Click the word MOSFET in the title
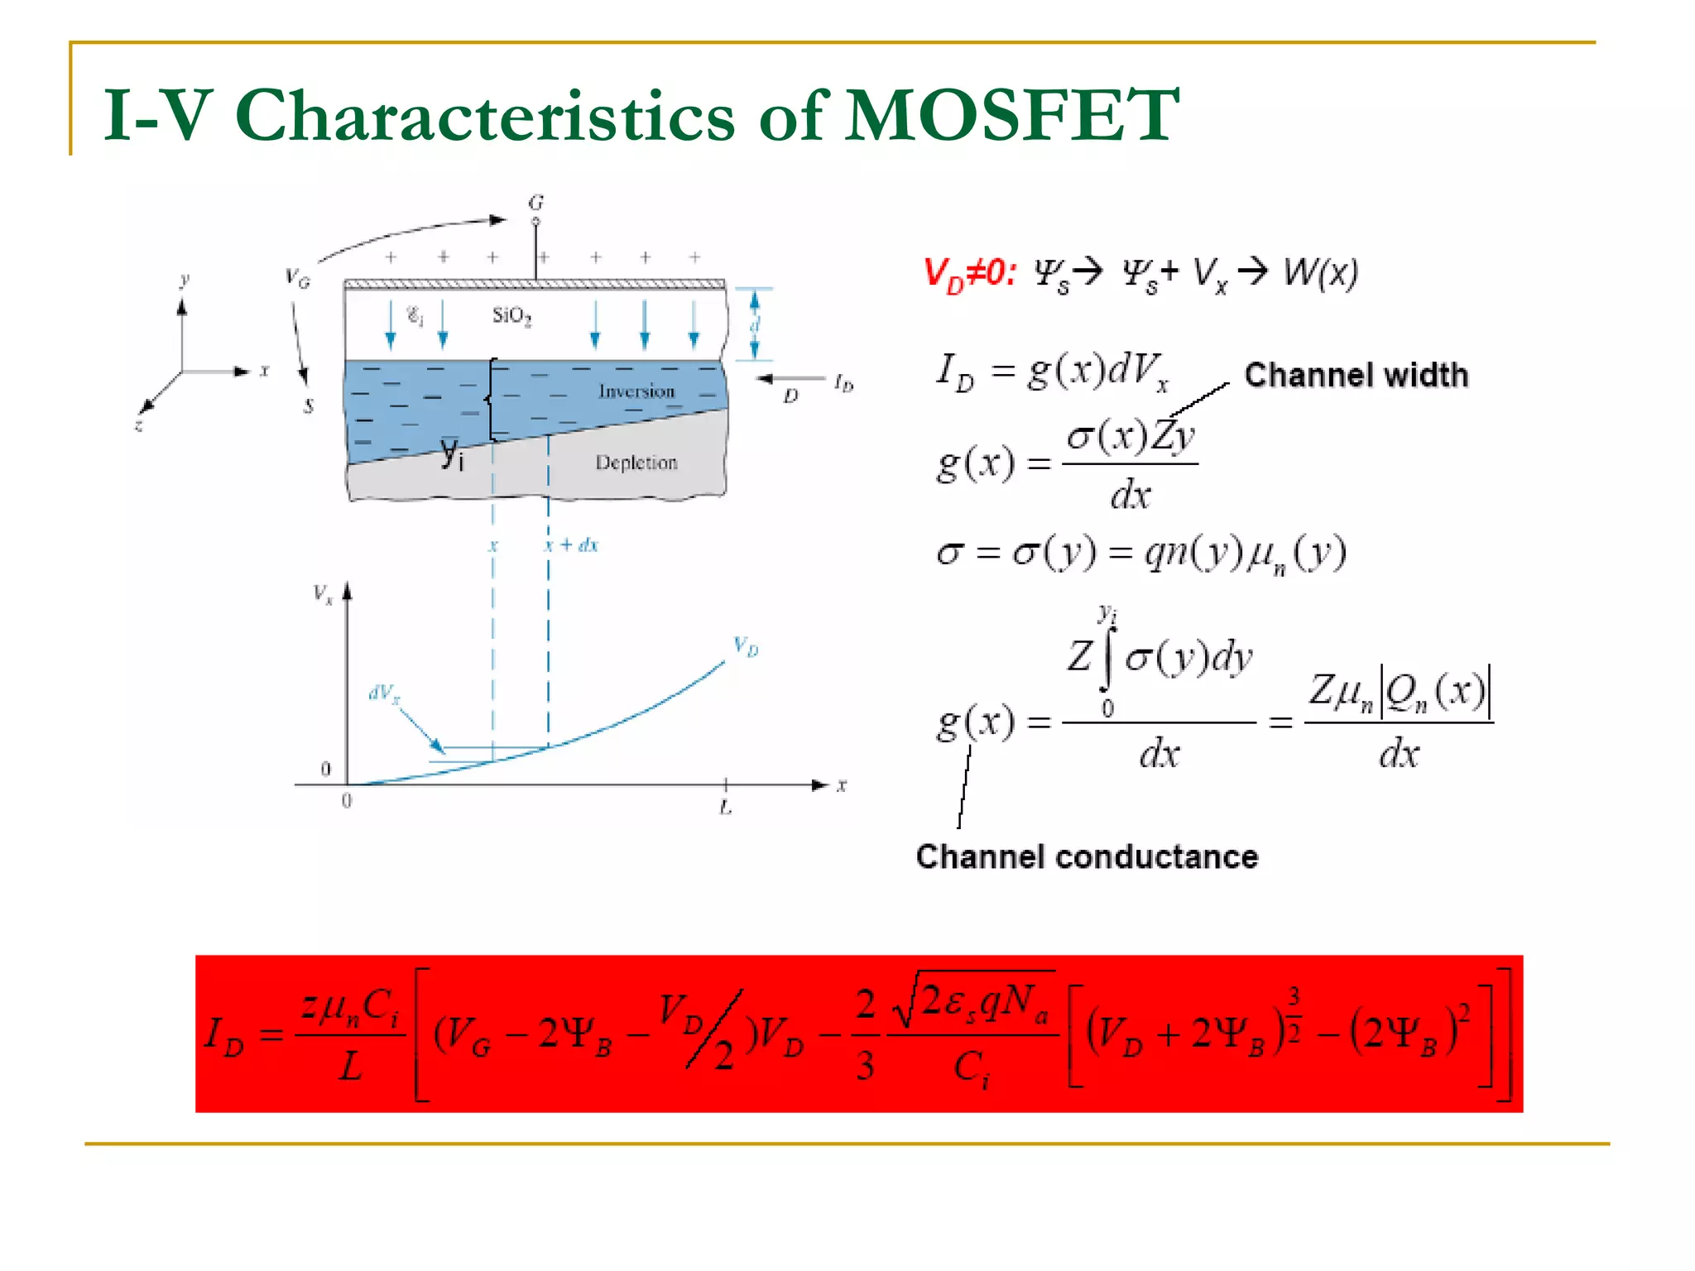pyautogui.click(x=1011, y=115)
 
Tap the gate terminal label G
pyautogui.click(x=536, y=203)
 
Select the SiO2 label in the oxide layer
pyautogui.click(x=511, y=315)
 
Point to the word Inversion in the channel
pyautogui.click(x=636, y=391)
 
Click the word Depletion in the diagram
pyautogui.click(x=636, y=463)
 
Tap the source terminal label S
pyautogui.click(x=309, y=405)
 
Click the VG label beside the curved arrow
pyautogui.click(x=297, y=278)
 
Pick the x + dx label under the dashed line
pyautogui.click(x=571, y=544)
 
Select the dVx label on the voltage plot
pyautogui.click(x=384, y=693)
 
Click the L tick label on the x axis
pyautogui.click(x=726, y=807)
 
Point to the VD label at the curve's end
pyautogui.click(x=746, y=646)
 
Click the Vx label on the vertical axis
pyautogui.click(x=323, y=594)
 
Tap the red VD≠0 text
pyautogui.click(x=969, y=274)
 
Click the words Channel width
pyautogui.click(x=1356, y=375)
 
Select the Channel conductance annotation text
pyautogui.click(x=1087, y=856)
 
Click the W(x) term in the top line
pyautogui.click(x=1321, y=272)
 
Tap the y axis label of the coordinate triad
pyautogui.click(x=185, y=280)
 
